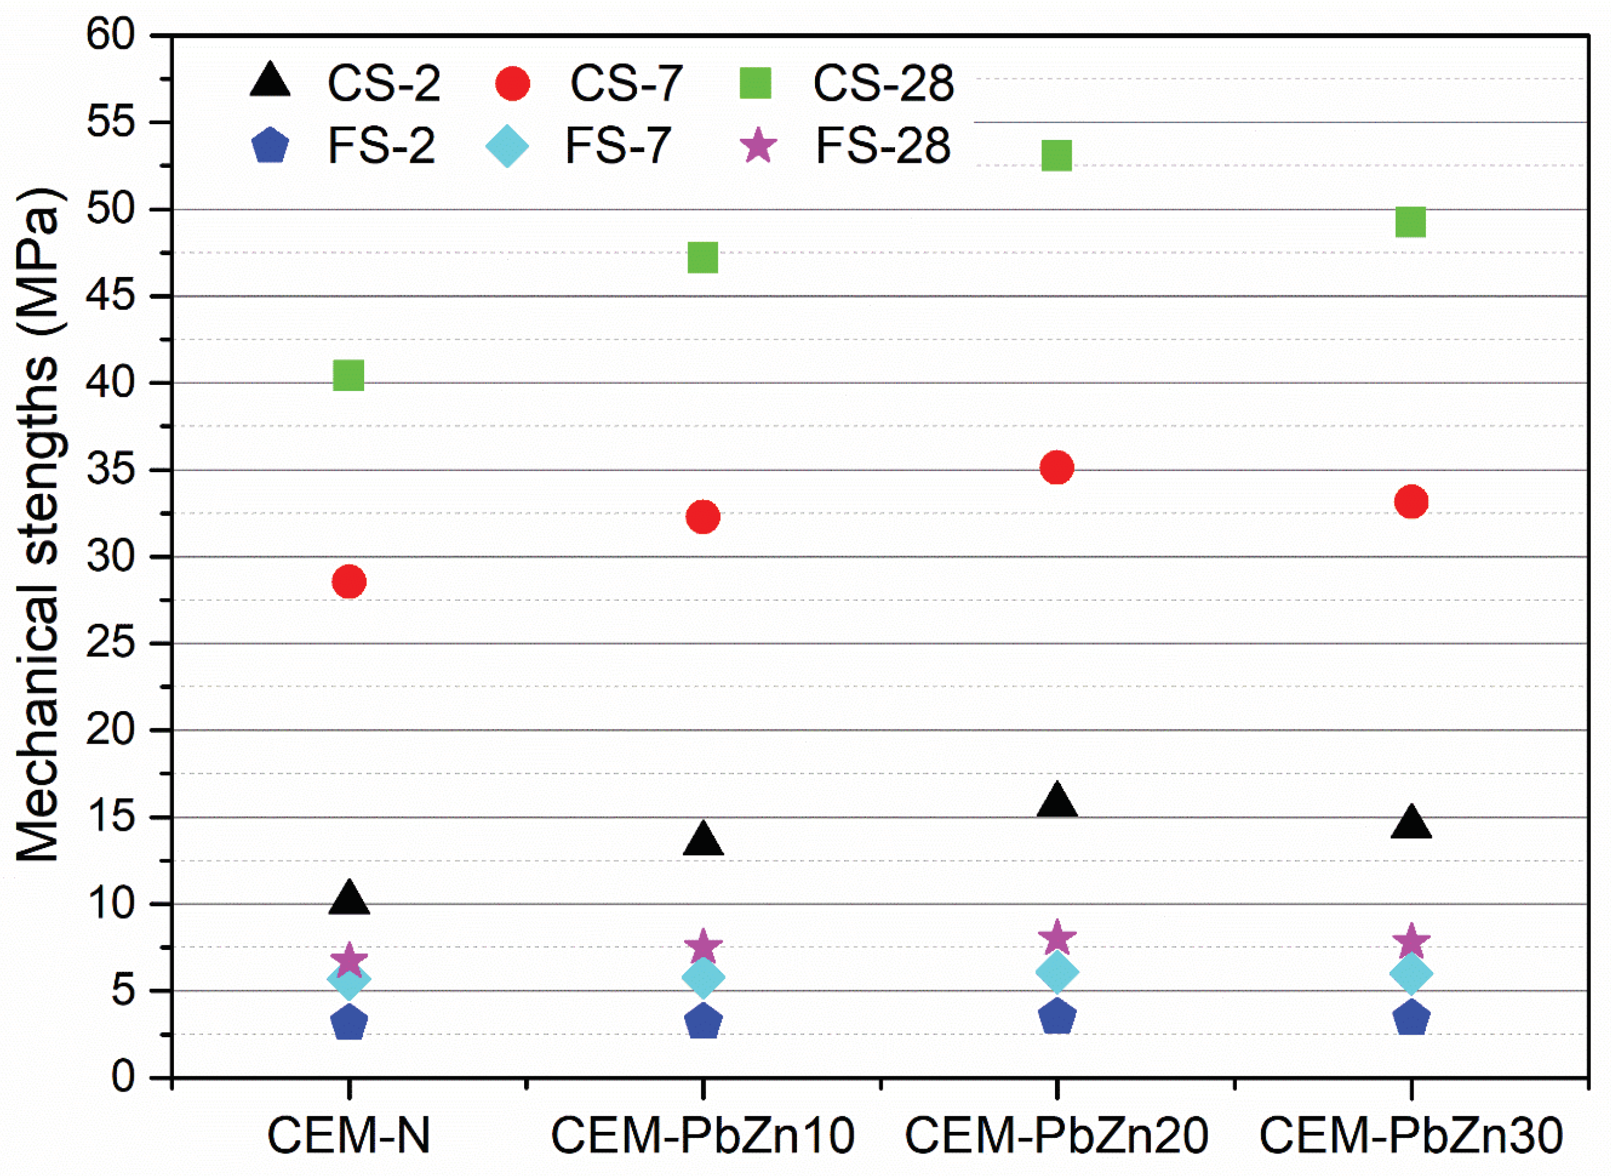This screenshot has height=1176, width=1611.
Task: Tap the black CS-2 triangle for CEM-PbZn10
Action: (x=703, y=840)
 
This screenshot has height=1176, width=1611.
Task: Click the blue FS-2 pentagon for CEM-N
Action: (x=348, y=1023)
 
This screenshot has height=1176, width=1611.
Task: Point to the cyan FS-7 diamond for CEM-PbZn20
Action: (x=1057, y=972)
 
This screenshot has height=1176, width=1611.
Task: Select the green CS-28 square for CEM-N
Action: (x=348, y=375)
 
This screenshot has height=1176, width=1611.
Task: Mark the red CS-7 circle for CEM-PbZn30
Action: (x=1411, y=502)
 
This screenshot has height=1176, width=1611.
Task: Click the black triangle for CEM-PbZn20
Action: (x=1057, y=800)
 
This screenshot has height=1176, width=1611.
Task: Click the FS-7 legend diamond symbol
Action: (x=507, y=147)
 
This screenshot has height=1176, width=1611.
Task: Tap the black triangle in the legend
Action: (x=270, y=80)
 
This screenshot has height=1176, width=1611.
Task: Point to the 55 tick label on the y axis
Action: (x=110, y=123)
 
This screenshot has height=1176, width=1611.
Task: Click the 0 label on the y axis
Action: (x=123, y=1076)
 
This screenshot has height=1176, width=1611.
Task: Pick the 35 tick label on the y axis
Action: (x=110, y=470)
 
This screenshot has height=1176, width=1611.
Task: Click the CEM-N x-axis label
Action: (x=348, y=1135)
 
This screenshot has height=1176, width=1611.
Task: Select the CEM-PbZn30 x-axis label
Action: (x=1411, y=1135)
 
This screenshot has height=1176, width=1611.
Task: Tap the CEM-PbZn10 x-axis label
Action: (x=703, y=1135)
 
